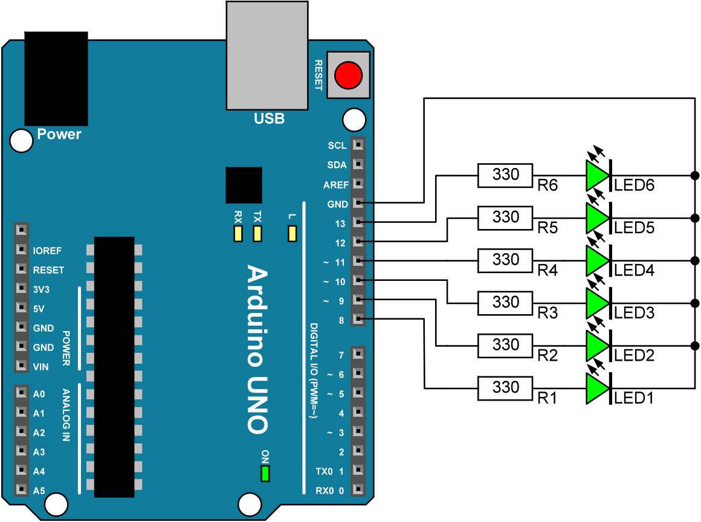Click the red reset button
(349, 76)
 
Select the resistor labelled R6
(505, 175)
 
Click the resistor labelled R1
(505, 387)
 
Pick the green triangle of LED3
(597, 303)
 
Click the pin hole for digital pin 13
(358, 223)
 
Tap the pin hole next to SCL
(358, 145)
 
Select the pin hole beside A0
(22, 394)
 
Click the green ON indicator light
(265, 474)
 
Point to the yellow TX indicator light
(258, 233)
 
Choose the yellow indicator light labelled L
(293, 233)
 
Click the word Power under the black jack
(59, 134)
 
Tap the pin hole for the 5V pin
(22, 308)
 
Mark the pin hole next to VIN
(22, 366)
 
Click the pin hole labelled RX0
(358, 490)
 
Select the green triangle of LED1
(597, 387)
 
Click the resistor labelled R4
(505, 260)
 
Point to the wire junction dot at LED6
(694, 176)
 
